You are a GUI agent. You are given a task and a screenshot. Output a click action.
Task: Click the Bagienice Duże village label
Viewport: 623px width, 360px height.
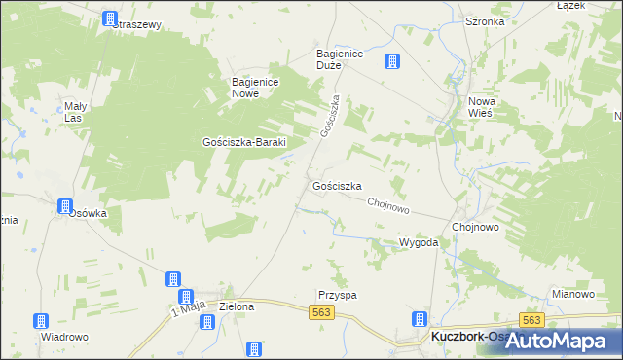point(340,60)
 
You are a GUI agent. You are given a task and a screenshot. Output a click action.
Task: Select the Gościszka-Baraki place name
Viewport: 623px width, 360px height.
point(243,141)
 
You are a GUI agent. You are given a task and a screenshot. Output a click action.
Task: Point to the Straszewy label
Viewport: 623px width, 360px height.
point(136,25)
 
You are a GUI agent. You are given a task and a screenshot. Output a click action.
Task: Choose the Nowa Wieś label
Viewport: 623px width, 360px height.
point(481,108)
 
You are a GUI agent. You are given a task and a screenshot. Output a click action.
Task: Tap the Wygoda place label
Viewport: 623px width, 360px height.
point(419,242)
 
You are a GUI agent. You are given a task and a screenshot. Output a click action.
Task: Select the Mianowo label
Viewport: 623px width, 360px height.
point(572,294)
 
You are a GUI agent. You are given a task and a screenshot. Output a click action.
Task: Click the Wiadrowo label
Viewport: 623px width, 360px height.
point(64,337)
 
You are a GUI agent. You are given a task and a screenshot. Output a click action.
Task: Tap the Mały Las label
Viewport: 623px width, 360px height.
point(76,112)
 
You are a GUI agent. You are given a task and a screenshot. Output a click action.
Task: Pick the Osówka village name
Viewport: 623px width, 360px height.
point(87,213)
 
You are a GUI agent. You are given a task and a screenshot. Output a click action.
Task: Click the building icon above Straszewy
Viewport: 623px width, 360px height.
point(109,18)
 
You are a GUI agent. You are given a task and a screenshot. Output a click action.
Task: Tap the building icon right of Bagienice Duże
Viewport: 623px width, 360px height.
point(392,62)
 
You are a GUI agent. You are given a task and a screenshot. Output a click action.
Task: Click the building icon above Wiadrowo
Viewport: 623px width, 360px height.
point(41,320)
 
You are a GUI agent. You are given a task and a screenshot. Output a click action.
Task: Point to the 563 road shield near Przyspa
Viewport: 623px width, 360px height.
point(323,311)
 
